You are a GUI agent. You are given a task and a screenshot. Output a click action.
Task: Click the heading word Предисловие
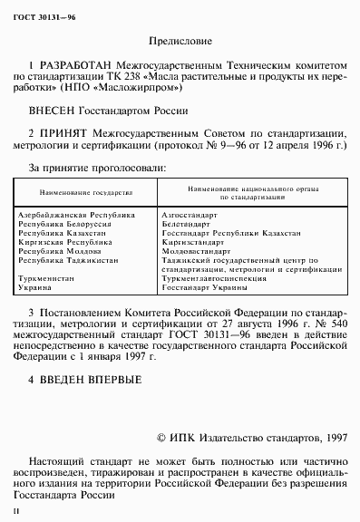pos(179,41)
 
